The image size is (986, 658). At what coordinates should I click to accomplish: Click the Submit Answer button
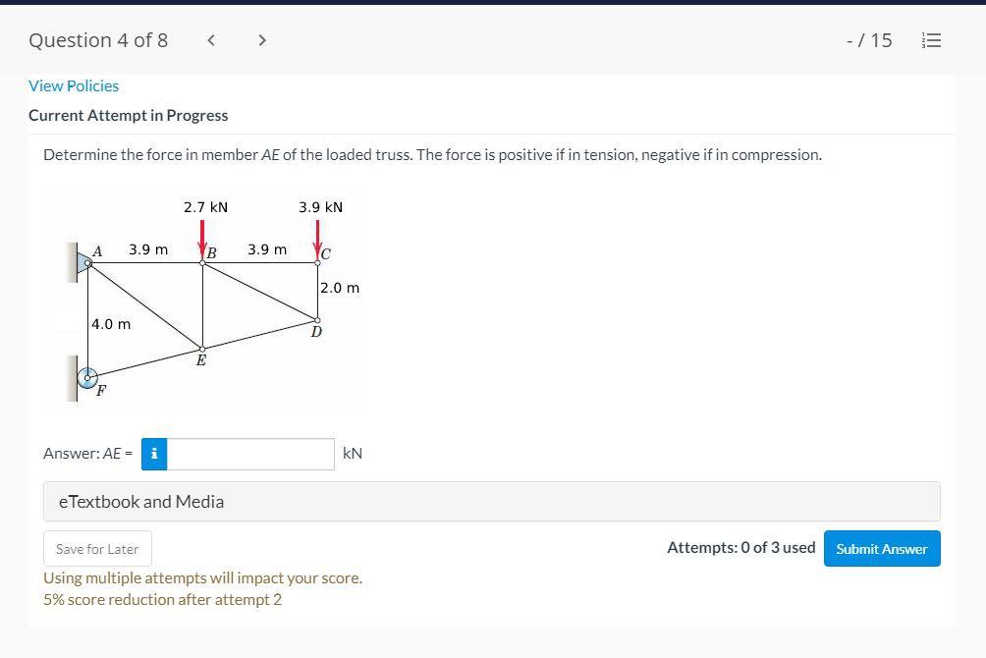(881, 549)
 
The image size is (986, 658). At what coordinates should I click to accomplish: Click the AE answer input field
(251, 454)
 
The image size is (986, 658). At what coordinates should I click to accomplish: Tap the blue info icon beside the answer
(154, 454)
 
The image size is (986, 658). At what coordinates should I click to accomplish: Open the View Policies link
(74, 86)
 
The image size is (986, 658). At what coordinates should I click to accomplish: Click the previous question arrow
(211, 40)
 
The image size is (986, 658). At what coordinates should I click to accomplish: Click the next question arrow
(261, 40)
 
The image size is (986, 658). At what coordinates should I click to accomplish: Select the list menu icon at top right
(931, 40)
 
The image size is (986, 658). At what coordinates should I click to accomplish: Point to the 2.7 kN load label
(205, 207)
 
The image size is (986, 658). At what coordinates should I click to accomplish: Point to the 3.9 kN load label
(321, 207)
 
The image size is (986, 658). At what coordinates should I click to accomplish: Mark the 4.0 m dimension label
(111, 324)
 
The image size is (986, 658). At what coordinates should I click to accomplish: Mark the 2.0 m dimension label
(340, 288)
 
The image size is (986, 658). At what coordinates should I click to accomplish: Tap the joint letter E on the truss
(201, 361)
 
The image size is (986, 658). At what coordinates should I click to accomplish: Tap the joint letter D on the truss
(316, 332)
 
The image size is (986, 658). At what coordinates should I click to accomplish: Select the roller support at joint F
(88, 377)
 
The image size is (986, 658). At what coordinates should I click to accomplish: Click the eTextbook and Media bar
(491, 502)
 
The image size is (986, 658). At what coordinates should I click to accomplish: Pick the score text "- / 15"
(869, 40)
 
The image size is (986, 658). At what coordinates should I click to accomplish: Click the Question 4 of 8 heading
(98, 40)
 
